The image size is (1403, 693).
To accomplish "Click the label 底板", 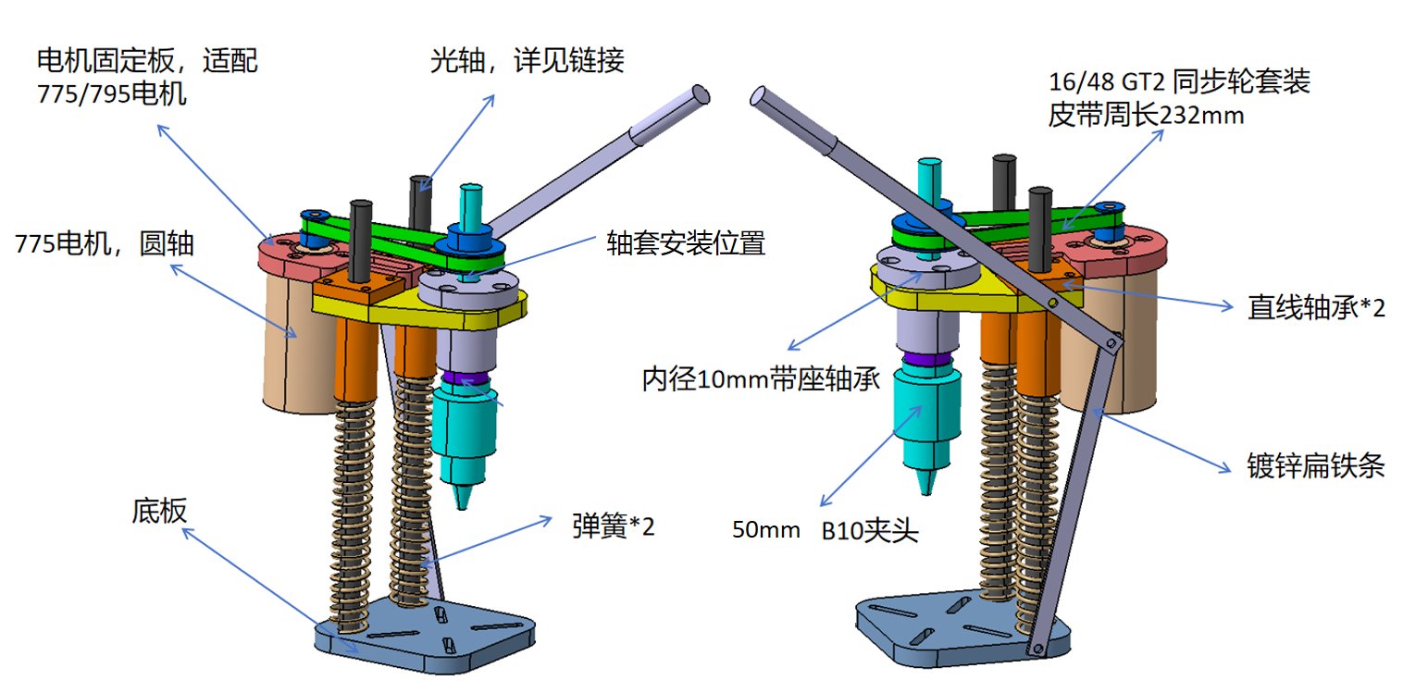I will pyautogui.click(x=159, y=511).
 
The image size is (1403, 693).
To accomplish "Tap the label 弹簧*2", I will pyautogui.click(x=613, y=526).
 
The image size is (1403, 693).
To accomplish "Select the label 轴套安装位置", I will pyautogui.click(x=686, y=243).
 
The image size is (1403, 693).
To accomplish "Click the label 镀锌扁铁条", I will pyautogui.click(x=1315, y=466).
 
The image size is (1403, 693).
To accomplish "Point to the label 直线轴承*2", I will pyautogui.click(x=1316, y=308).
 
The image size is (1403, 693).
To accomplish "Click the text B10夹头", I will pyautogui.click(x=869, y=532).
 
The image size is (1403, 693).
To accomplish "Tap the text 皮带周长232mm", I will pyautogui.click(x=1146, y=117).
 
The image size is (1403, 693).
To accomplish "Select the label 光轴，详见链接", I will pyautogui.click(x=527, y=61).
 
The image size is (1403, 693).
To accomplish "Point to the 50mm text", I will pyautogui.click(x=765, y=531).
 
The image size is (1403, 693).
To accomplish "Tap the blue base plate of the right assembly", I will pyautogui.click(x=925, y=629).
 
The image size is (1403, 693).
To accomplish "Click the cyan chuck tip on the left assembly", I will pyautogui.click(x=463, y=496).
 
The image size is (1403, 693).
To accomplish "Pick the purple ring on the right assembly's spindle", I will pyautogui.click(x=925, y=358).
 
